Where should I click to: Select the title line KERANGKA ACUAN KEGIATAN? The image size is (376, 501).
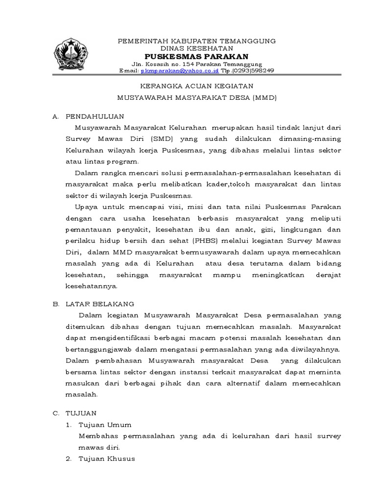click(x=196, y=86)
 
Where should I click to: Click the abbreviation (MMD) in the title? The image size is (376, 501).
click(x=265, y=97)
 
